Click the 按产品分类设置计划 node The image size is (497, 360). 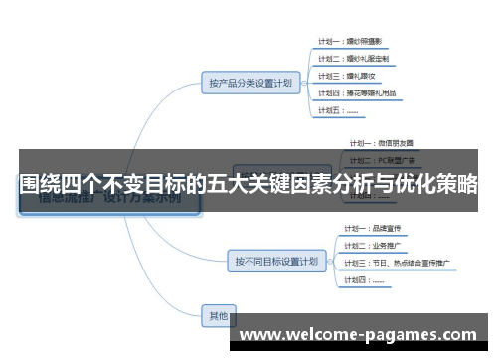[x=248, y=83]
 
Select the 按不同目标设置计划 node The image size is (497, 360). [x=277, y=262]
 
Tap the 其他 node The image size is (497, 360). [x=218, y=316]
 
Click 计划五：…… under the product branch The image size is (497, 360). [x=340, y=110]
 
